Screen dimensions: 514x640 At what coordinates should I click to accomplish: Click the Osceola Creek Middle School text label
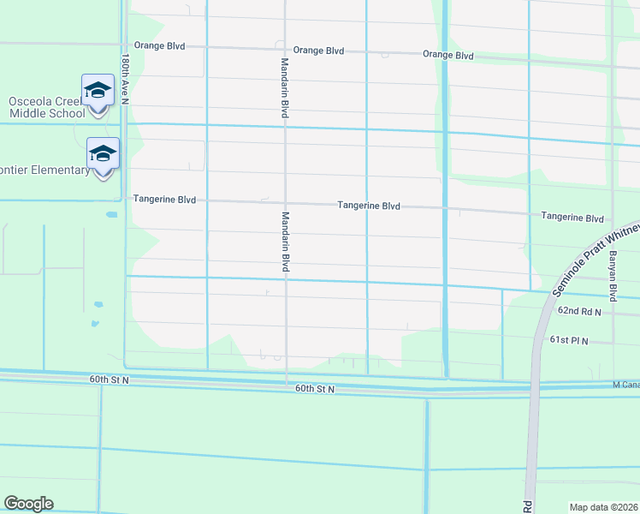[x=48, y=106]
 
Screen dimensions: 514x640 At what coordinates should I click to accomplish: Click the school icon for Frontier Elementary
[x=103, y=154]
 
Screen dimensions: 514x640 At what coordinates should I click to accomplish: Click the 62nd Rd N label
[x=580, y=312]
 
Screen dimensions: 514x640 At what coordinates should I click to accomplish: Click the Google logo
[x=28, y=504]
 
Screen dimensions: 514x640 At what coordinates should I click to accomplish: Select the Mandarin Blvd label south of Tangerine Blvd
[x=286, y=242]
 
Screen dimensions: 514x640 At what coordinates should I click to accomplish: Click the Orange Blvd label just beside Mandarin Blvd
[x=318, y=51]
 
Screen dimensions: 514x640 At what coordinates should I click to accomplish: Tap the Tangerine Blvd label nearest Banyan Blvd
[x=572, y=218]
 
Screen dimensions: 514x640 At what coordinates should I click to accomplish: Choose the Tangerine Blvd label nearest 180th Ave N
[x=164, y=200]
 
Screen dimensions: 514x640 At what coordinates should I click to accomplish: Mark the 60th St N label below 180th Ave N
[x=108, y=379]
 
